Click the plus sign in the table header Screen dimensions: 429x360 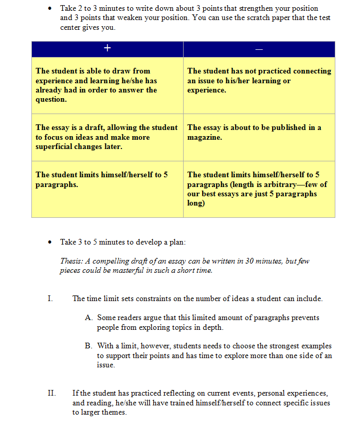click(x=107, y=48)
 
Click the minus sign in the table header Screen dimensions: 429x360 click(x=259, y=49)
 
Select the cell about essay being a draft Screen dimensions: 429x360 click(x=107, y=137)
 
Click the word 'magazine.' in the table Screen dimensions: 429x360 click(x=205, y=137)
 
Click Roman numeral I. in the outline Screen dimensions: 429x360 click(x=50, y=299)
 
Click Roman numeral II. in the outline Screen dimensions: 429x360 click(x=51, y=394)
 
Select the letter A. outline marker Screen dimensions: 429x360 click(x=88, y=318)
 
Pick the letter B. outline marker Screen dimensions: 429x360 click(x=88, y=346)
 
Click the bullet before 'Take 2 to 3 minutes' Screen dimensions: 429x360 click(x=49, y=9)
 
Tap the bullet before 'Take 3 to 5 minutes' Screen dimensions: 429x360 click(x=49, y=242)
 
